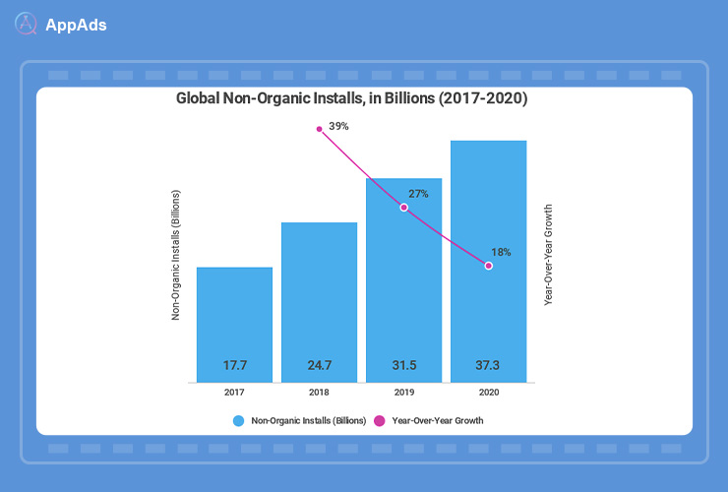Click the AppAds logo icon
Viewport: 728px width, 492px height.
(28, 25)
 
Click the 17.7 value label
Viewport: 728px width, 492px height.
(234, 366)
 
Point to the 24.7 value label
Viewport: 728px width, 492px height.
(319, 366)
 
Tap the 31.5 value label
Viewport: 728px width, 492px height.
(403, 366)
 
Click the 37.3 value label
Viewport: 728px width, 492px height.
(488, 366)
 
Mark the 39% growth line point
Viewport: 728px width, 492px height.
(319, 129)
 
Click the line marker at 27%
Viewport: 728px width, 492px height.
(403, 208)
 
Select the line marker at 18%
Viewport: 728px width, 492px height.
(488, 266)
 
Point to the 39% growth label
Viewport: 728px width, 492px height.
(339, 127)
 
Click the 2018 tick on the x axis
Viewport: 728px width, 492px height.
(319, 393)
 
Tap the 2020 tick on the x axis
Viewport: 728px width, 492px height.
(488, 393)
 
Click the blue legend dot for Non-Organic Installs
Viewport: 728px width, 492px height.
(238, 421)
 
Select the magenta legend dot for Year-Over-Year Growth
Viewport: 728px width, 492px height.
(378, 421)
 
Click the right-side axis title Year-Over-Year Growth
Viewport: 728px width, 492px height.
(548, 255)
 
